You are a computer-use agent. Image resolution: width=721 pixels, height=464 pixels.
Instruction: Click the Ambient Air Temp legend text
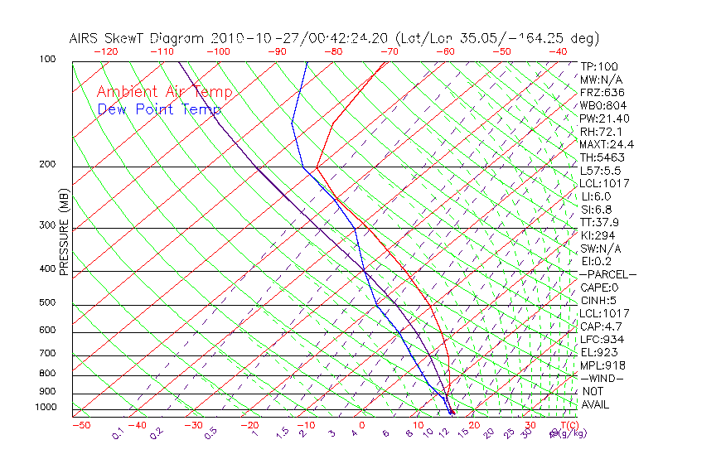[x=165, y=92]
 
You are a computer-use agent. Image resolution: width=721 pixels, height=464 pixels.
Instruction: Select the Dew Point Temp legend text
[x=159, y=109]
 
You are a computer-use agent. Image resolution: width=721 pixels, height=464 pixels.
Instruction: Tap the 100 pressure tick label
[x=47, y=60]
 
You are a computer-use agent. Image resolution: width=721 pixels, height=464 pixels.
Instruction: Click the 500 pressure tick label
[x=47, y=302]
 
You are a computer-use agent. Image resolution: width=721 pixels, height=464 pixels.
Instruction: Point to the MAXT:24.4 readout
[x=606, y=144]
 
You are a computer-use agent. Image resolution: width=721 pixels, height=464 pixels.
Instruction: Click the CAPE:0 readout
[x=598, y=288]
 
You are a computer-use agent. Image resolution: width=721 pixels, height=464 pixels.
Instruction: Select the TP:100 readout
[x=598, y=66]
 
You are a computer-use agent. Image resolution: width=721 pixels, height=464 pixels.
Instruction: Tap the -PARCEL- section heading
[x=607, y=274]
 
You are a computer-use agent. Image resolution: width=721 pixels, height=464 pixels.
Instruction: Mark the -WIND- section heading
[x=602, y=378]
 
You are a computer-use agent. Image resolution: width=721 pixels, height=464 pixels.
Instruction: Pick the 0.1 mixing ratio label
[x=118, y=433]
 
